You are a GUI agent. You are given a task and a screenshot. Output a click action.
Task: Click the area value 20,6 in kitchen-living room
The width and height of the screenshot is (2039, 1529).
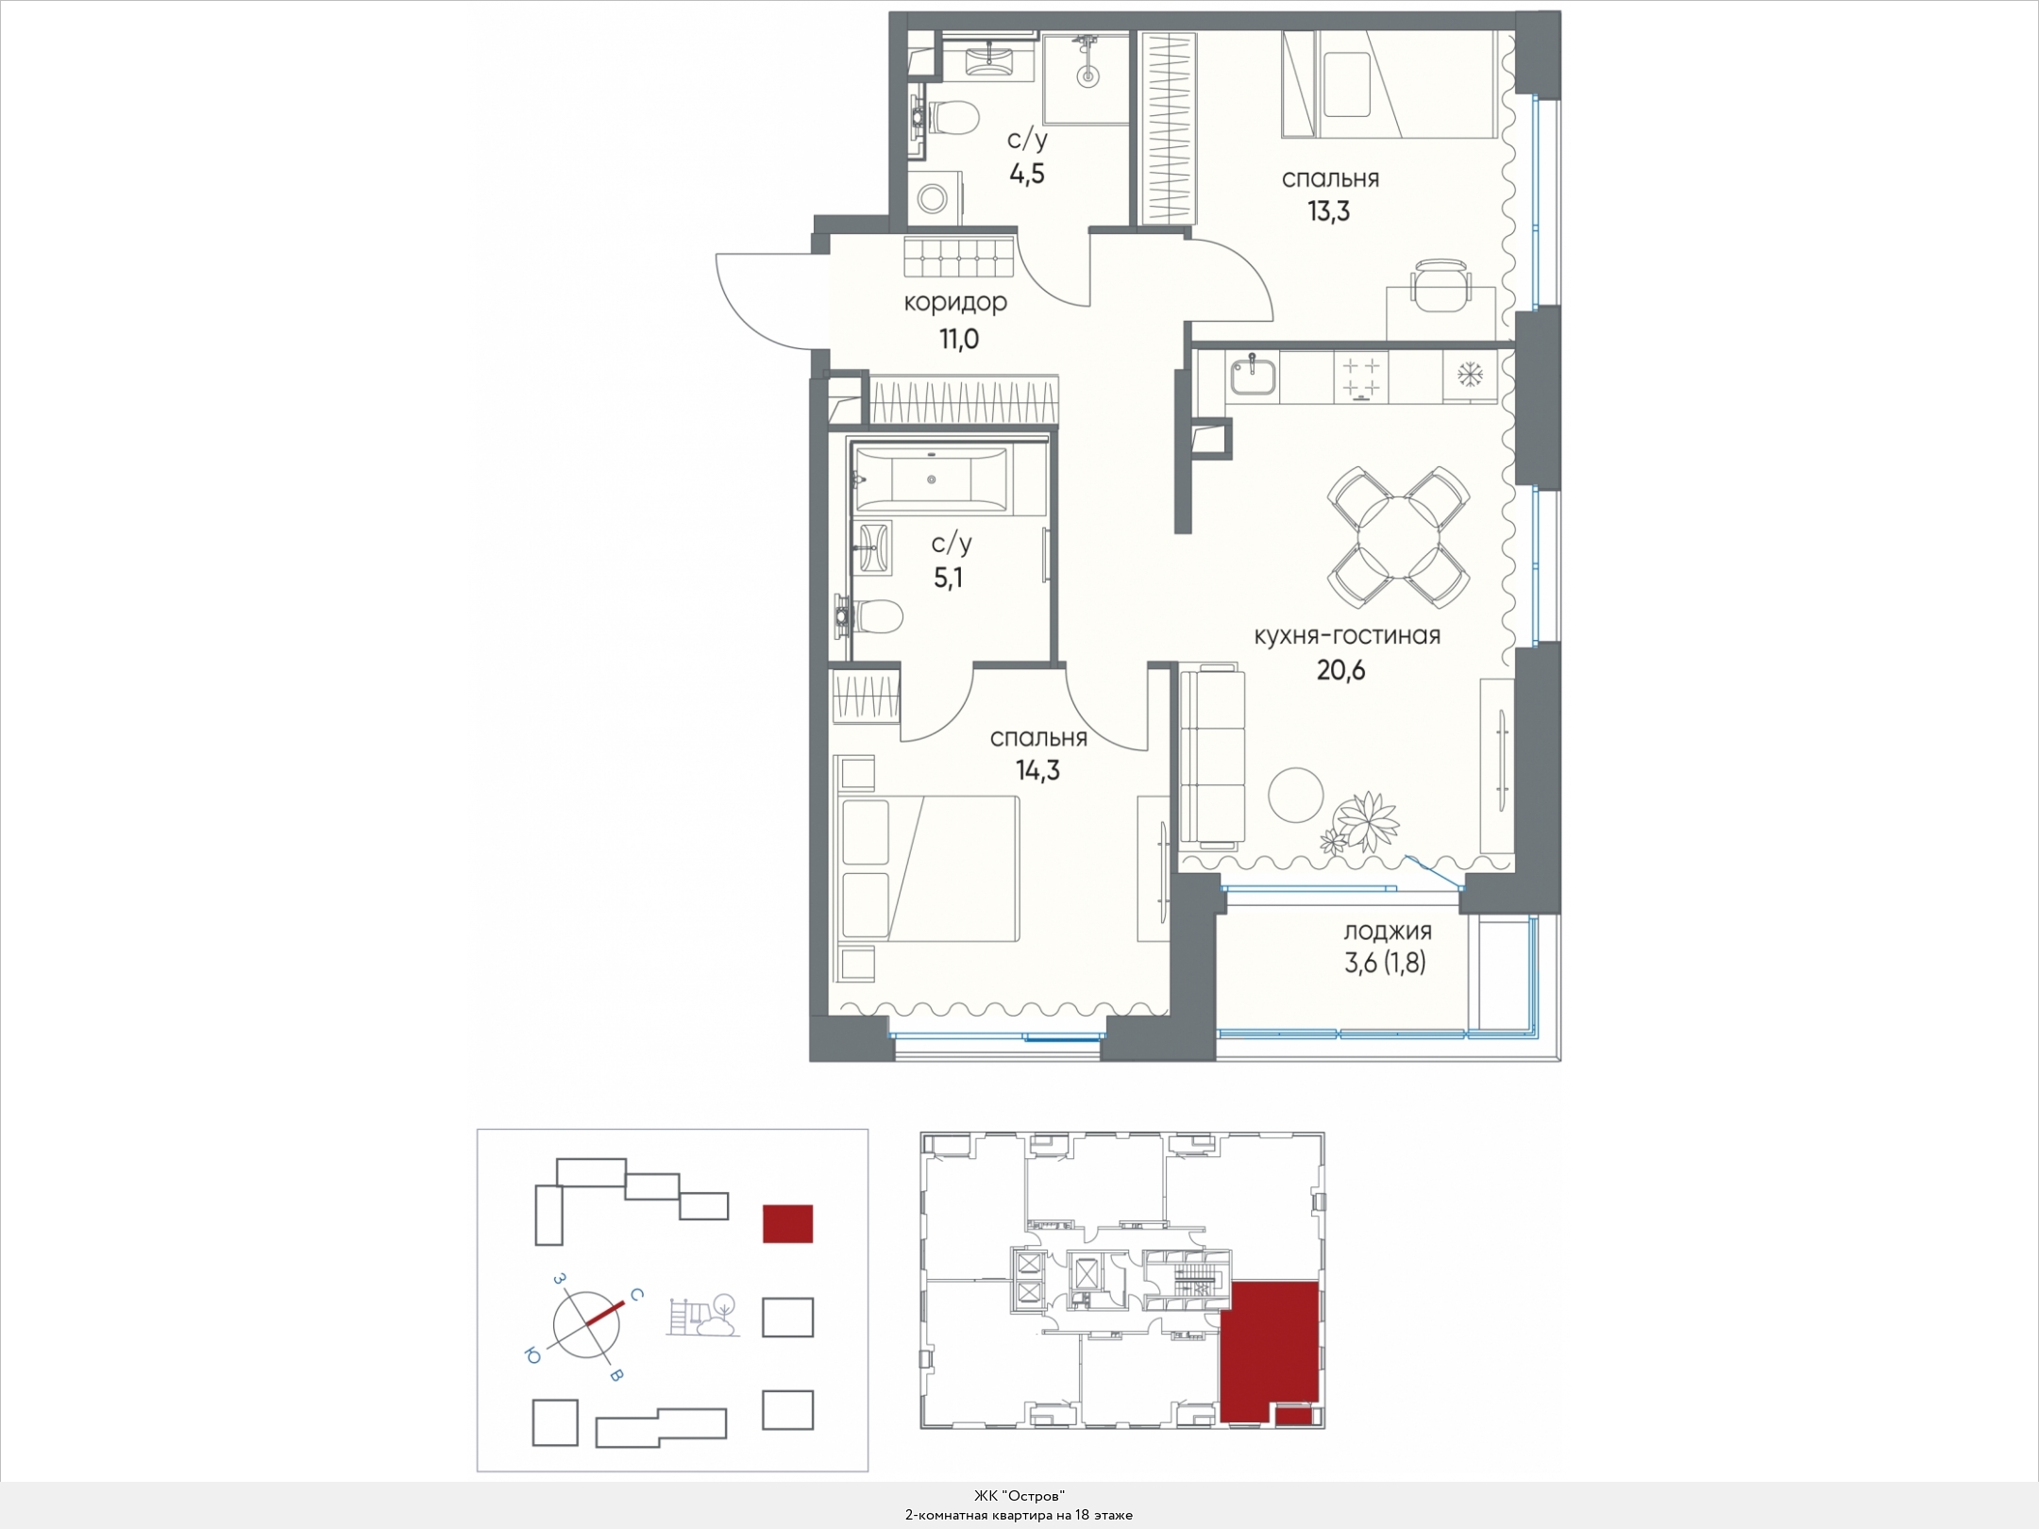click(x=1340, y=670)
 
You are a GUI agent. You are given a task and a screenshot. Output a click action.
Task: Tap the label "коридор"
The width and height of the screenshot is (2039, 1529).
click(x=955, y=303)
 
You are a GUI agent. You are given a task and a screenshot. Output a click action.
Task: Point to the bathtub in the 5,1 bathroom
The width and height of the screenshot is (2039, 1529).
click(x=931, y=479)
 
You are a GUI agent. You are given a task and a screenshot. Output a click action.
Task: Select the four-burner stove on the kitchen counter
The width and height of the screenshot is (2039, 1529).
click(x=1360, y=377)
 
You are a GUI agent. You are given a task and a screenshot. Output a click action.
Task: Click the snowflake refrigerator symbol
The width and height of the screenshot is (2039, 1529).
click(x=1469, y=375)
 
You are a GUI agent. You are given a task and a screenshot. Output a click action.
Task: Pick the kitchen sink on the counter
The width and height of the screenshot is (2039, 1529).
click(x=1254, y=375)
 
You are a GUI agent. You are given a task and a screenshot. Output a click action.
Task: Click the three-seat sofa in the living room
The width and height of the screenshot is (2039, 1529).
click(x=1212, y=758)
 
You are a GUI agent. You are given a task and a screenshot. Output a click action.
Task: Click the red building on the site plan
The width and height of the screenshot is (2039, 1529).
click(x=787, y=1223)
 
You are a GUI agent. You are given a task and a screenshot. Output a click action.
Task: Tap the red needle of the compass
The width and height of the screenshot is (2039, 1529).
click(x=605, y=1314)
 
